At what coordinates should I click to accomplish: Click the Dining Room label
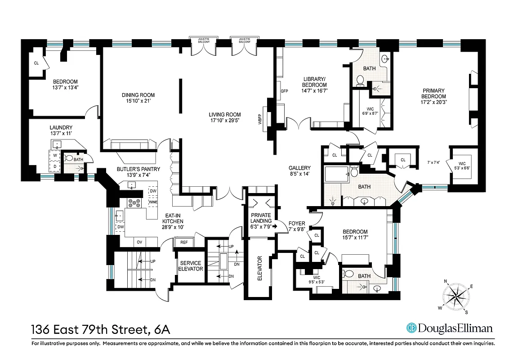(138, 95)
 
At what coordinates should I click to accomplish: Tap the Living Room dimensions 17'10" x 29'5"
(225, 121)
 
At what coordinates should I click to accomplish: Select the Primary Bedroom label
(433, 94)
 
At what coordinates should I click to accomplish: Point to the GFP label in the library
(284, 91)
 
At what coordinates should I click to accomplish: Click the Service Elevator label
(191, 266)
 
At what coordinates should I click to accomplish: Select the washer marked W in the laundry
(55, 156)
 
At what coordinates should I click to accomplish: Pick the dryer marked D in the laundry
(55, 166)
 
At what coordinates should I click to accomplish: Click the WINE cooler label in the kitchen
(153, 202)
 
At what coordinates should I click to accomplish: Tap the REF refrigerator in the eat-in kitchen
(184, 242)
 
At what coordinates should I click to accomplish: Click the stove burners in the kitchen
(134, 202)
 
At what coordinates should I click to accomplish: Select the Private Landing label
(261, 218)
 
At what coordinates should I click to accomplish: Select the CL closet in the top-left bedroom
(36, 63)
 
